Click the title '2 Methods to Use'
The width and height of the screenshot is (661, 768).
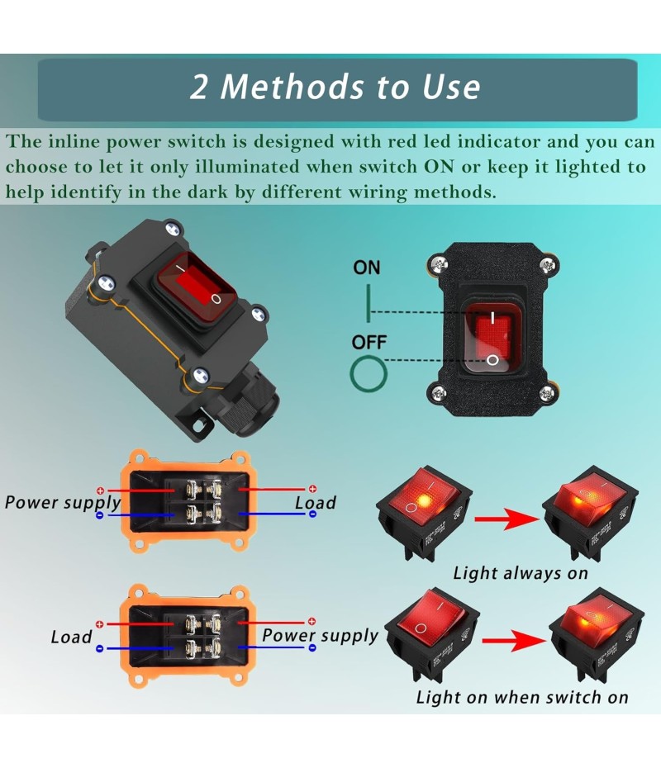tap(335, 87)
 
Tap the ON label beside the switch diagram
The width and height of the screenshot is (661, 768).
tap(367, 268)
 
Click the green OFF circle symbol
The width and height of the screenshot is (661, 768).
tap(369, 374)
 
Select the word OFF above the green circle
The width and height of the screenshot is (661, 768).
tap(369, 342)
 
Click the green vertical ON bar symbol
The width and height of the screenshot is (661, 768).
tap(369, 301)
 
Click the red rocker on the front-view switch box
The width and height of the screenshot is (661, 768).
tap(492, 338)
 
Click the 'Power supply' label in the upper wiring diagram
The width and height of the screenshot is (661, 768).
tap(63, 502)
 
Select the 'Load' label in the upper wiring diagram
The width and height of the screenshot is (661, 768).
tap(316, 503)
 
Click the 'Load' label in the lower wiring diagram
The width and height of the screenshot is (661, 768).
tap(71, 637)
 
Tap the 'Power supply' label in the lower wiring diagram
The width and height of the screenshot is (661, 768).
tap(320, 635)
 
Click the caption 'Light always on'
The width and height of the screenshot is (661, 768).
tap(521, 573)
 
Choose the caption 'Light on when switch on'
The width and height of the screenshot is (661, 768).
tap(522, 697)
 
